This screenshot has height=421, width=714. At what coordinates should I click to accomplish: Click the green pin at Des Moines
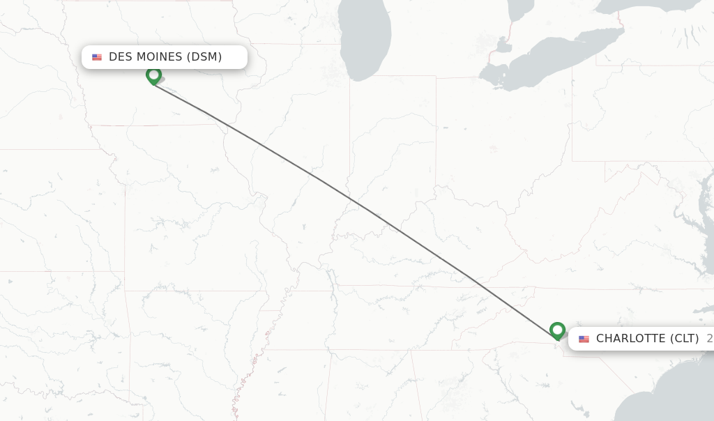click(x=153, y=75)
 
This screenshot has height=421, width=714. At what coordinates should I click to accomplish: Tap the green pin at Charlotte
click(x=557, y=330)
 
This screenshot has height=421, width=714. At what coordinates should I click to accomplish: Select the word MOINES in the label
click(x=158, y=57)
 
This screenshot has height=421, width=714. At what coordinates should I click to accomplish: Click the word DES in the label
click(x=120, y=57)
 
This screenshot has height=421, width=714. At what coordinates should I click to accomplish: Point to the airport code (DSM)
click(x=204, y=57)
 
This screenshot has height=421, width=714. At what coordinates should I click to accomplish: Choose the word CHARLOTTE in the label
click(x=630, y=339)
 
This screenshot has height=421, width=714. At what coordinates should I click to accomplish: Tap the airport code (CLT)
click(x=684, y=339)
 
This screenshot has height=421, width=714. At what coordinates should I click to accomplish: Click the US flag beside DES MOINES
click(x=97, y=57)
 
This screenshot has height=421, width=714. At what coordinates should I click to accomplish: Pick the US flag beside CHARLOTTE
click(x=584, y=339)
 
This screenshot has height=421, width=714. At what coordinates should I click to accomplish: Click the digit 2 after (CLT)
click(x=709, y=339)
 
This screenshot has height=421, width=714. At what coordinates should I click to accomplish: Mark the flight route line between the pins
click(x=356, y=202)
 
